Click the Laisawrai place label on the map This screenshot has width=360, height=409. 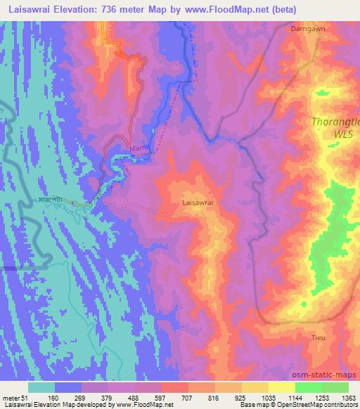tap(198, 201)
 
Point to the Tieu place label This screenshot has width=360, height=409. tap(319, 338)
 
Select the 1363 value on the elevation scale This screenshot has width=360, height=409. tap(349, 398)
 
